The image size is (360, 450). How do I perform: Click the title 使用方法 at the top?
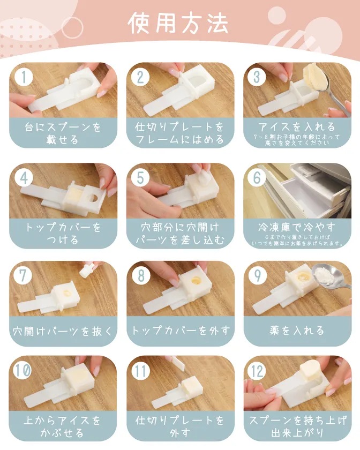pyautogui.click(x=178, y=23)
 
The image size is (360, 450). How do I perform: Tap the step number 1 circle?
pyautogui.click(x=24, y=77)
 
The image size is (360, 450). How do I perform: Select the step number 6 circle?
pyautogui.click(x=257, y=178)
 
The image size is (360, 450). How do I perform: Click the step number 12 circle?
pyautogui.click(x=257, y=371)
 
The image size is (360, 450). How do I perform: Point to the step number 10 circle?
pyautogui.click(x=22, y=370)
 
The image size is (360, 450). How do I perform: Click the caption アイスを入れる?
pyautogui.click(x=297, y=126)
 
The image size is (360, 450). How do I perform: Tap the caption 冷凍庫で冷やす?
pyautogui.click(x=297, y=227)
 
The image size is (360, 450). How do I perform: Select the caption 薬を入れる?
pyautogui.click(x=297, y=331)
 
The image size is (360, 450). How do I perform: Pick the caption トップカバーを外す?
pyautogui.click(x=181, y=331)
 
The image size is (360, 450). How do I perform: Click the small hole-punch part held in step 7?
pyautogui.click(x=86, y=269)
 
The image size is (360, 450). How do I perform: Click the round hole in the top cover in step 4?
pyautogui.click(x=93, y=198)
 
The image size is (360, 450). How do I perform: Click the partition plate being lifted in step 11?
pyautogui.click(x=179, y=363)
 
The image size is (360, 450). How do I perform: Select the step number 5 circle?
pyautogui.click(x=140, y=178)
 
